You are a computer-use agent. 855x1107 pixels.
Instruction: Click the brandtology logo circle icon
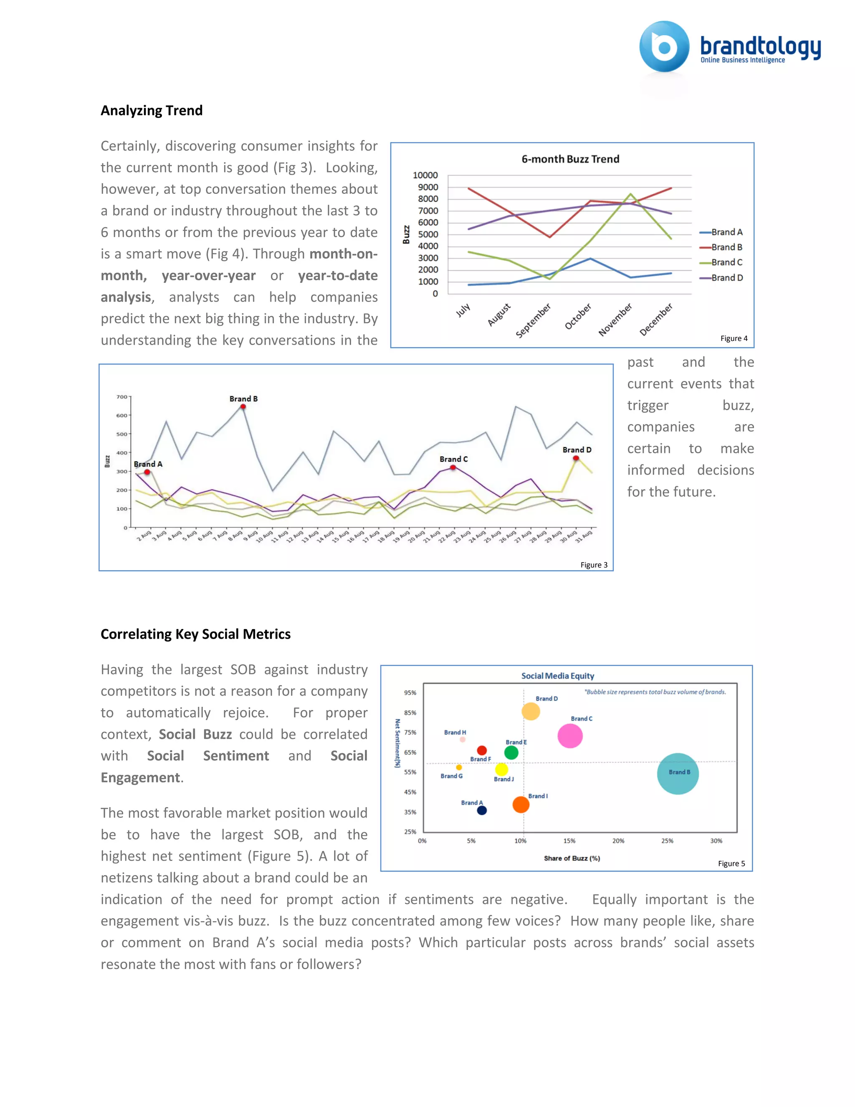(x=664, y=47)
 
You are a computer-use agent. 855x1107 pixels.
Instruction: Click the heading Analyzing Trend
(x=152, y=111)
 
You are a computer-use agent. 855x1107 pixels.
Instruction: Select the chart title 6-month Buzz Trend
(x=570, y=159)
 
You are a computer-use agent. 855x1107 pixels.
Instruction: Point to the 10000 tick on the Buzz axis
(x=425, y=175)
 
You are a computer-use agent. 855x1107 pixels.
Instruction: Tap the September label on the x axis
(x=533, y=321)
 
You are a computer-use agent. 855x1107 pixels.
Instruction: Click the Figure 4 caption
(x=734, y=339)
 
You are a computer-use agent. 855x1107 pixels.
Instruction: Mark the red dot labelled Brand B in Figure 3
(x=243, y=406)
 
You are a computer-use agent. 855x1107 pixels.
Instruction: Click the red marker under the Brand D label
(x=576, y=458)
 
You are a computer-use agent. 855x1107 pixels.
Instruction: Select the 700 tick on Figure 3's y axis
(x=121, y=397)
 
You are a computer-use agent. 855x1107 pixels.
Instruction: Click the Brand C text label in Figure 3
(x=453, y=459)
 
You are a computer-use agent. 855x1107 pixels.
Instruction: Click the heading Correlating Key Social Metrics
(x=195, y=634)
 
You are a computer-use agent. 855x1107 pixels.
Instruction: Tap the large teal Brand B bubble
(x=678, y=774)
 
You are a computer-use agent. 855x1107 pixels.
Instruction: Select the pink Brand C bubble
(x=570, y=736)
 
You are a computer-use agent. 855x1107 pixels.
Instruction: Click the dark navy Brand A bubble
(x=482, y=810)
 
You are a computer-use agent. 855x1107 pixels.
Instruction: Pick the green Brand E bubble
(x=511, y=753)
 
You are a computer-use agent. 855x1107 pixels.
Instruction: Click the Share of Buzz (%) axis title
(x=572, y=858)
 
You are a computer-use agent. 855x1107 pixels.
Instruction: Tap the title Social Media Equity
(x=558, y=676)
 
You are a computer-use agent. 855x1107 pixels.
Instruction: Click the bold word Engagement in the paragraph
(x=140, y=777)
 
